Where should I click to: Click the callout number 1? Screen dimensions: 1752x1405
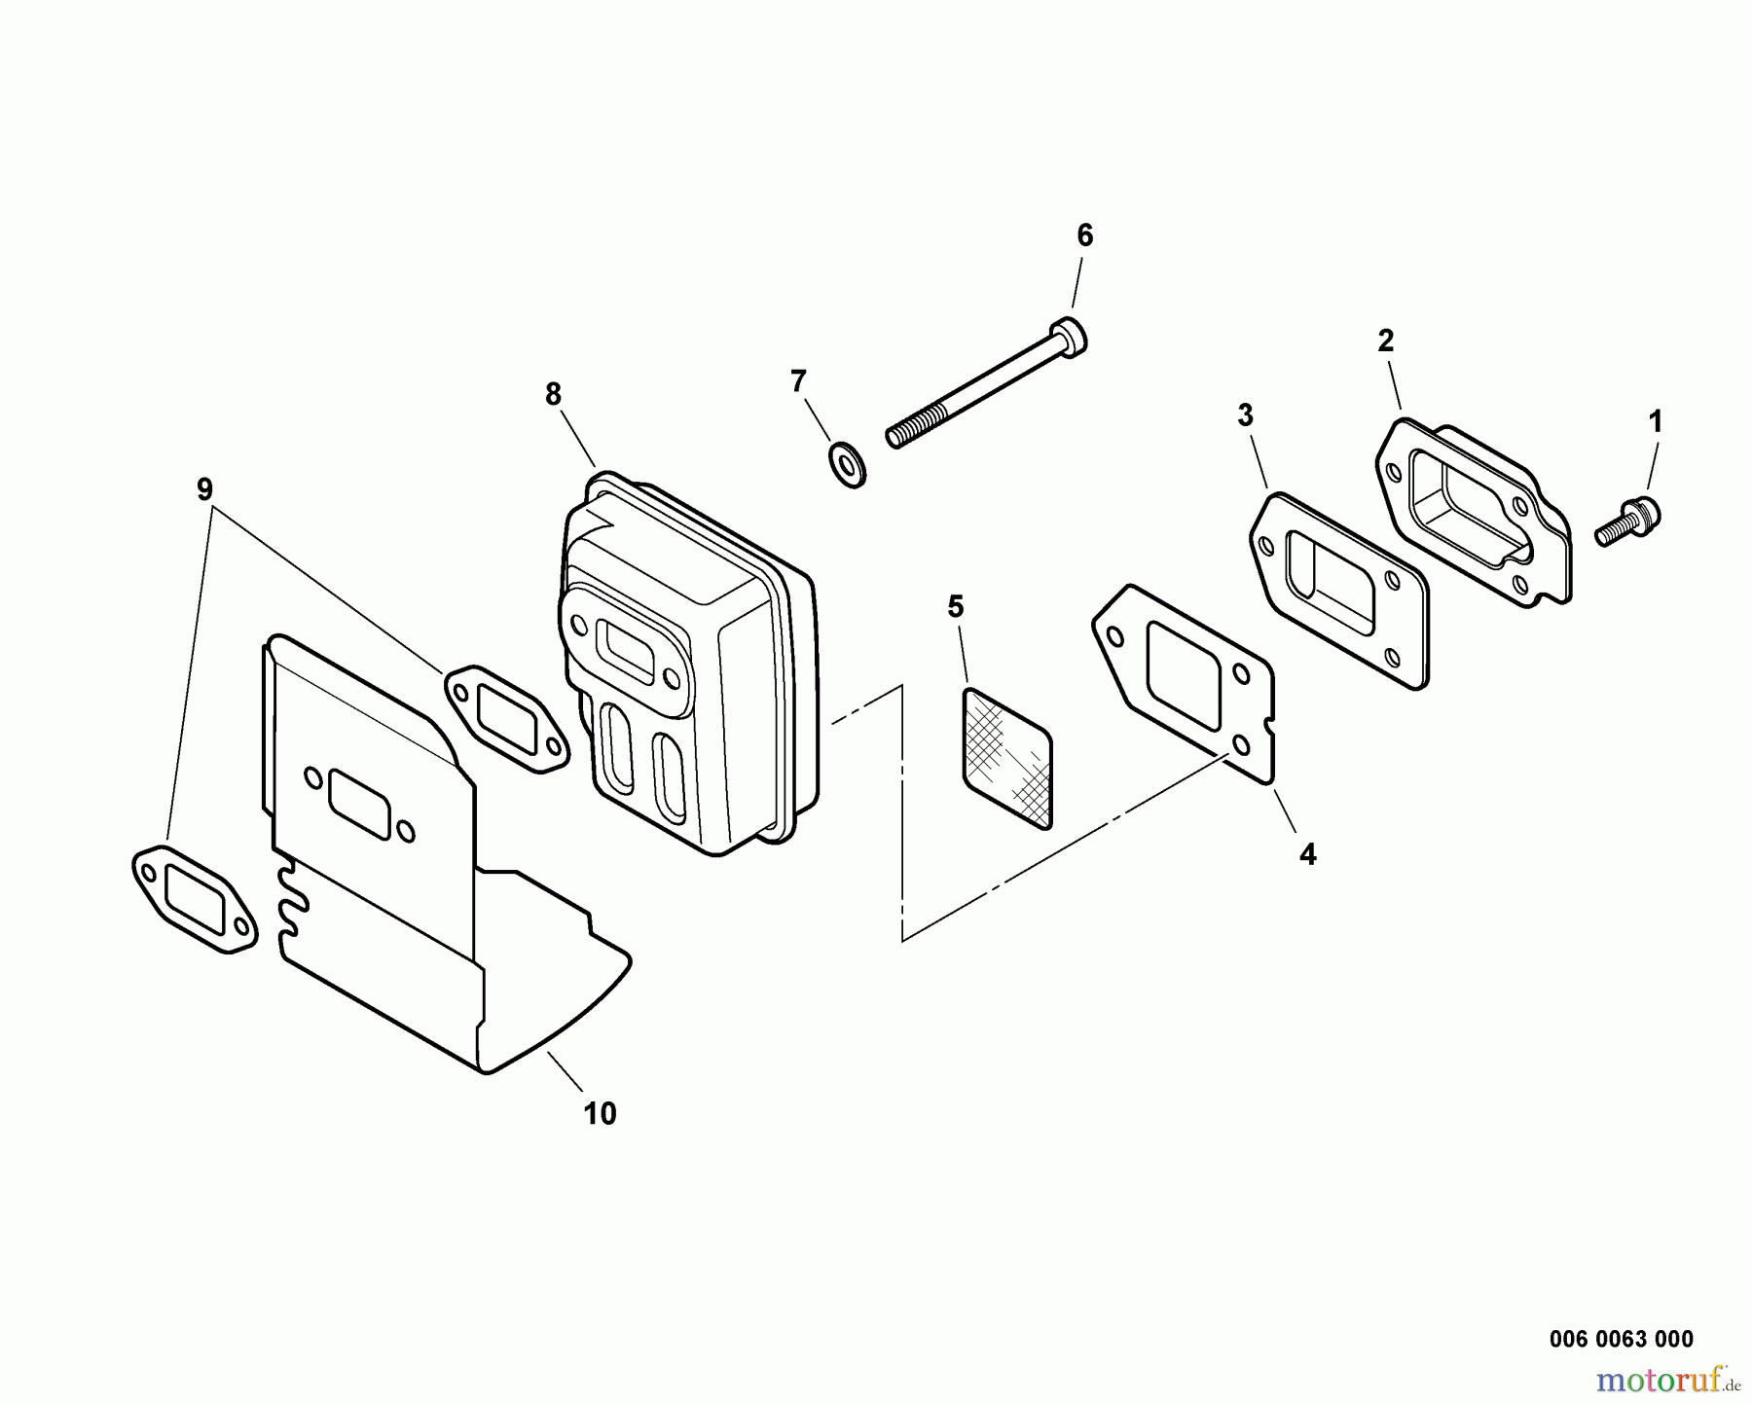tap(1655, 422)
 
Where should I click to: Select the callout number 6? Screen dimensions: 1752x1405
tap(1084, 235)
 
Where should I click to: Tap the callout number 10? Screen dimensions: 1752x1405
tap(600, 1114)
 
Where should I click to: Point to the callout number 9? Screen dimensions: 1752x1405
tap(204, 489)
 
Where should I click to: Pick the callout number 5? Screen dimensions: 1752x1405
tap(956, 607)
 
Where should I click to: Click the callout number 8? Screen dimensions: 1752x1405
tap(553, 394)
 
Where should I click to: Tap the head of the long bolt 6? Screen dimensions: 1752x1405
tap(1070, 337)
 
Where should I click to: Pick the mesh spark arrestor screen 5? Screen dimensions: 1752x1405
tap(1008, 759)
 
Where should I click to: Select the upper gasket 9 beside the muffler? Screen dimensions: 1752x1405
tap(507, 720)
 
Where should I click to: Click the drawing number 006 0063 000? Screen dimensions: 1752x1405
tap(1622, 1340)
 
